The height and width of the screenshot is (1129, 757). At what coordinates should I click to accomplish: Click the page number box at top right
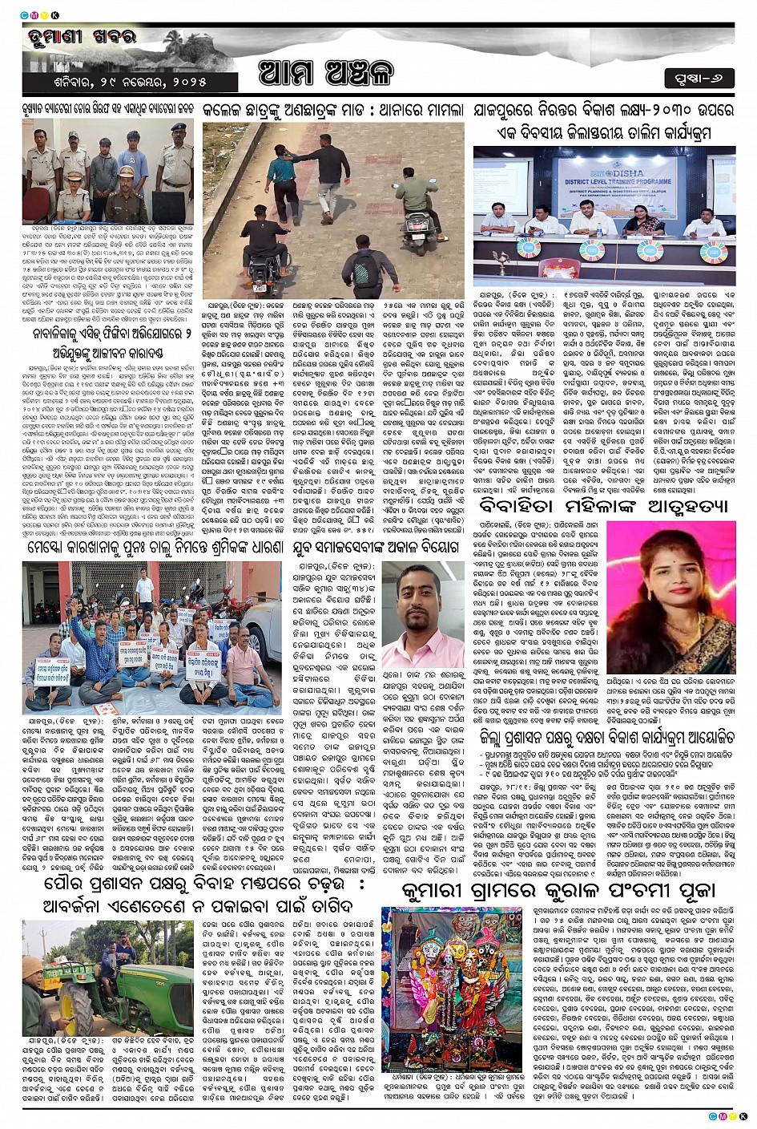click(x=699, y=79)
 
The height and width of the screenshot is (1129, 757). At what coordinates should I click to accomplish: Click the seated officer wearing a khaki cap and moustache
click(x=127, y=187)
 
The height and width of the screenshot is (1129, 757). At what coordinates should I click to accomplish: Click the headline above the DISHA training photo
click(x=602, y=119)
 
